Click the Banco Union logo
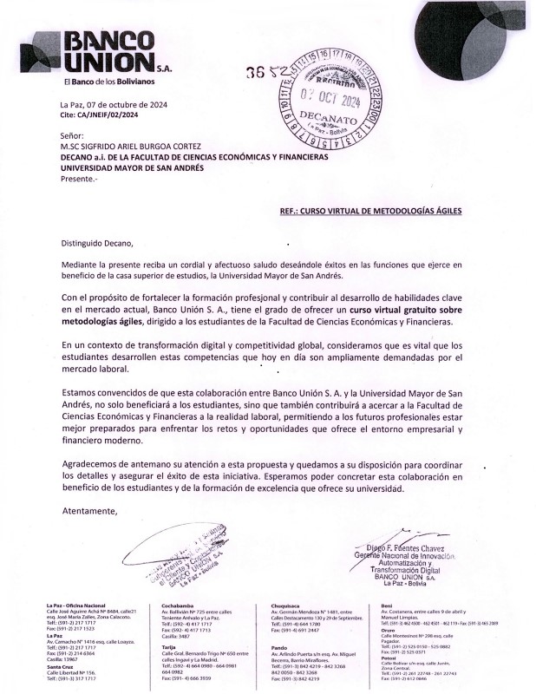[95, 52]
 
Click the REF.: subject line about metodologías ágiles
[371, 210]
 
